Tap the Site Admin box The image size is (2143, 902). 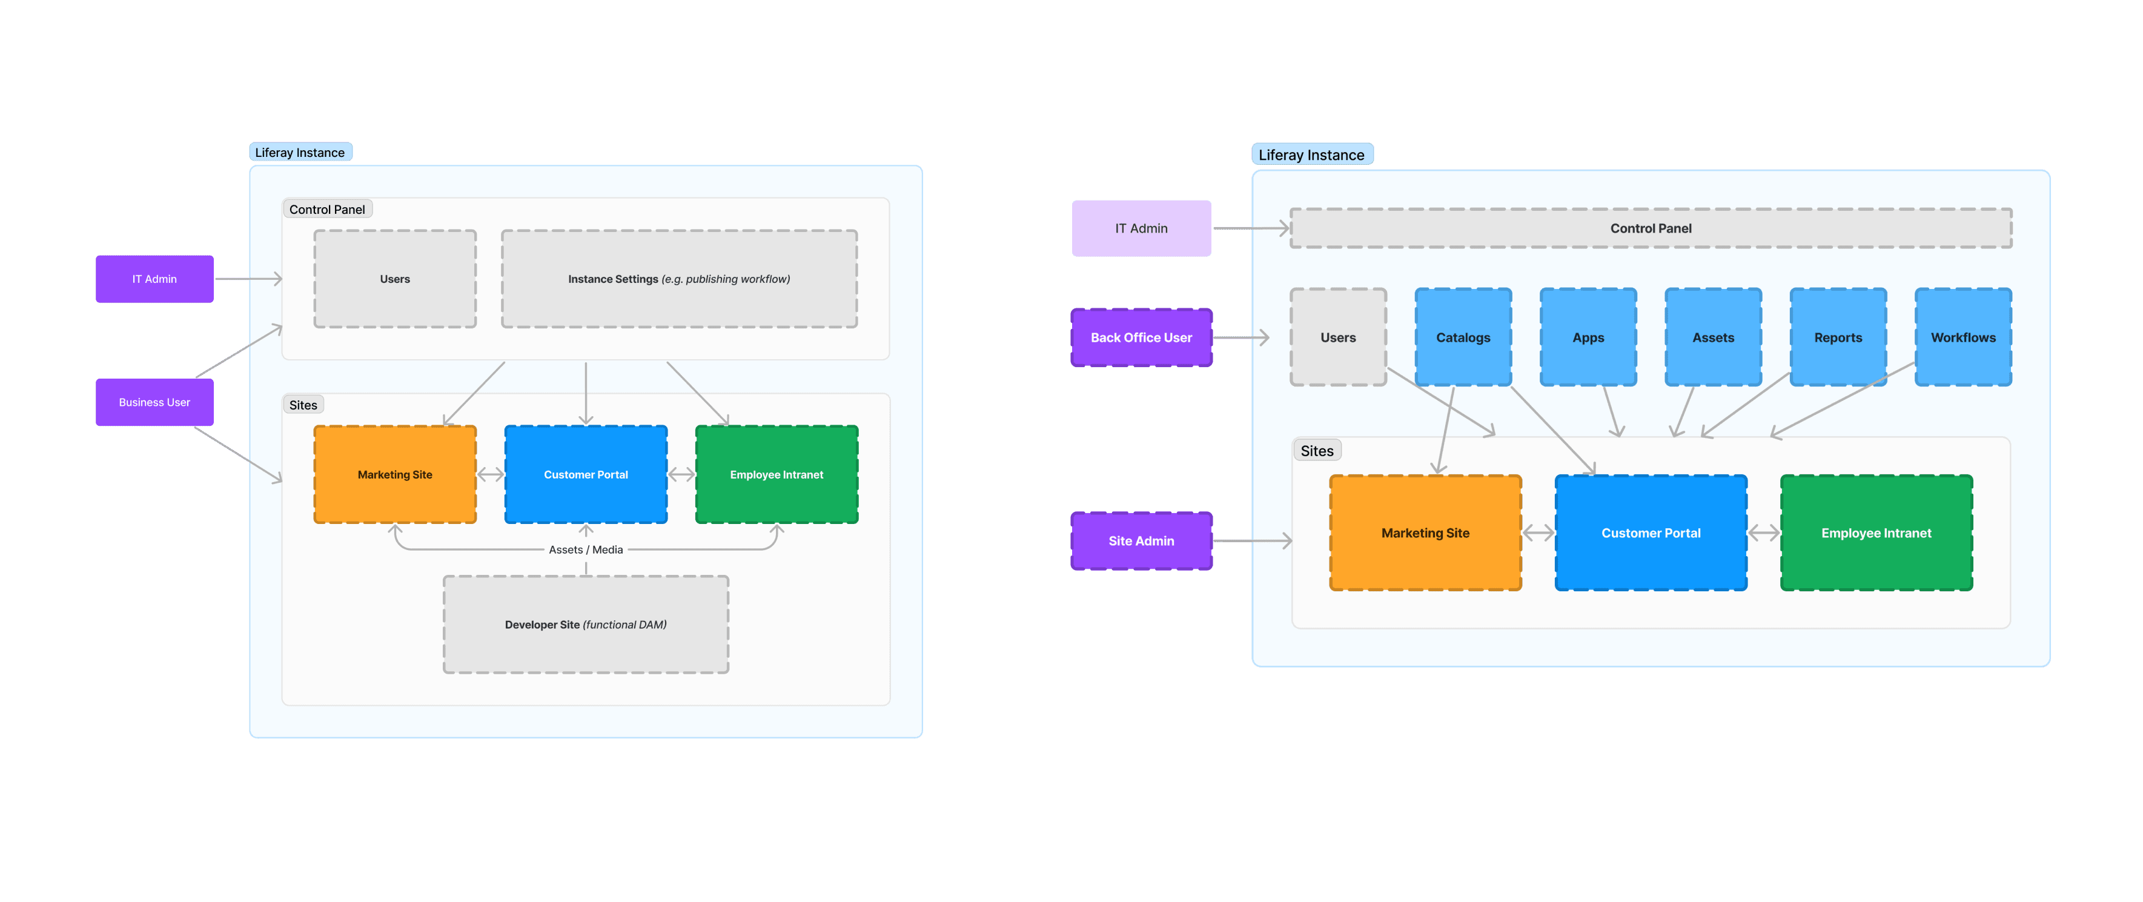tap(1141, 541)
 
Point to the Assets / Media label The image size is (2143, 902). tap(586, 550)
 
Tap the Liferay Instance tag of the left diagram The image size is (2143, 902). tap(300, 152)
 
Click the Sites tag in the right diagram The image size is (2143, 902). tap(1316, 451)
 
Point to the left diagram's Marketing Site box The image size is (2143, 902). tap(395, 475)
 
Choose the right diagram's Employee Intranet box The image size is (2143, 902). tap(1876, 533)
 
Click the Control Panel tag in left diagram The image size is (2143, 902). tap(327, 210)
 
